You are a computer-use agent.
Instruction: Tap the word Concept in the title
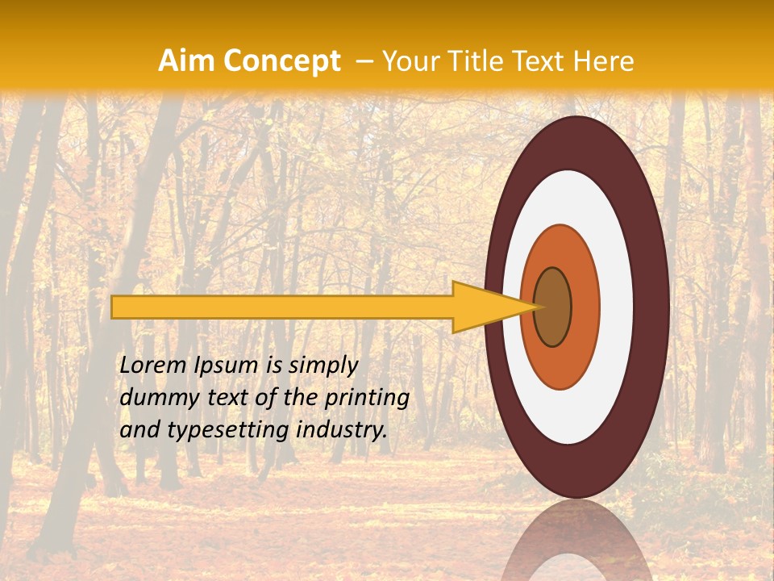pos(281,62)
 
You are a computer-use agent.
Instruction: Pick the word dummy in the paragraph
pos(153,398)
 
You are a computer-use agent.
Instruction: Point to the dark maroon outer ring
pos(650,307)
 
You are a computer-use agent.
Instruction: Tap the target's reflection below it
pos(576,541)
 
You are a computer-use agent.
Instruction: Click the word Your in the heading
pos(409,61)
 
